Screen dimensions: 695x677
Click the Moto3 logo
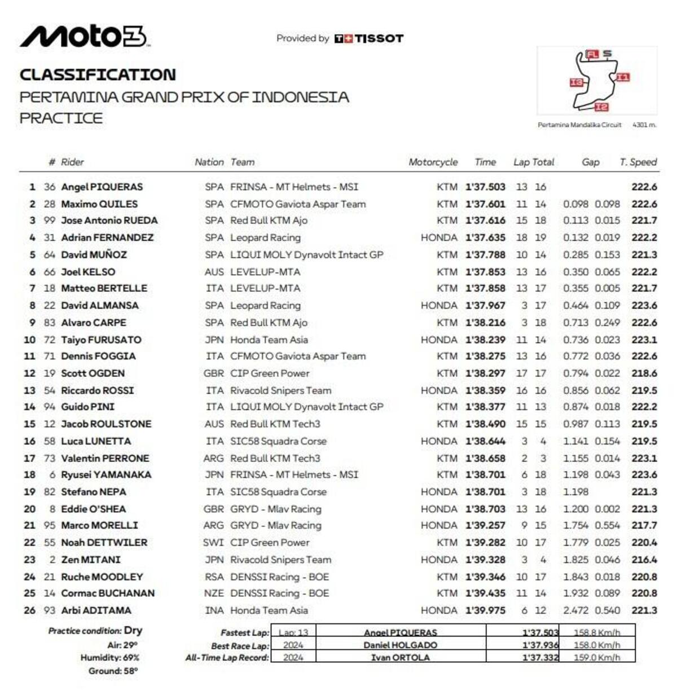coord(83,37)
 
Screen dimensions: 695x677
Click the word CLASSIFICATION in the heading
coord(98,74)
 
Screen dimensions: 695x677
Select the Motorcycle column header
coord(433,162)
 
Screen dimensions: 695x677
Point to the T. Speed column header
coord(638,162)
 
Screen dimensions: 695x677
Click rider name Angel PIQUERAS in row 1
coord(102,187)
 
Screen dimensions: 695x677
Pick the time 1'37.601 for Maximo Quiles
coord(485,204)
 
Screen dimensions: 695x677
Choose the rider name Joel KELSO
coord(88,272)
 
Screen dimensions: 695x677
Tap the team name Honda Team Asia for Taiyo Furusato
coord(269,340)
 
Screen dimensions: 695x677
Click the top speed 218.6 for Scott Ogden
coord(644,373)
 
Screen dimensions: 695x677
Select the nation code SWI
coord(213,543)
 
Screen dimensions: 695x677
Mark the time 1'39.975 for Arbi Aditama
coord(485,610)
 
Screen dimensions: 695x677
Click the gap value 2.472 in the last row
coord(575,610)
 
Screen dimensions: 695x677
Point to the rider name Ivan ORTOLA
coord(400,658)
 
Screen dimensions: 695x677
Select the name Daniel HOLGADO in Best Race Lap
coord(400,645)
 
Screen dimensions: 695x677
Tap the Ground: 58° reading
coord(113,671)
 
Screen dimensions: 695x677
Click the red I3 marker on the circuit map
coord(576,83)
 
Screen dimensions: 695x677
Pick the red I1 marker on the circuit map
coord(622,77)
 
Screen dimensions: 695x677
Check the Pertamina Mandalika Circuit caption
coord(579,125)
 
